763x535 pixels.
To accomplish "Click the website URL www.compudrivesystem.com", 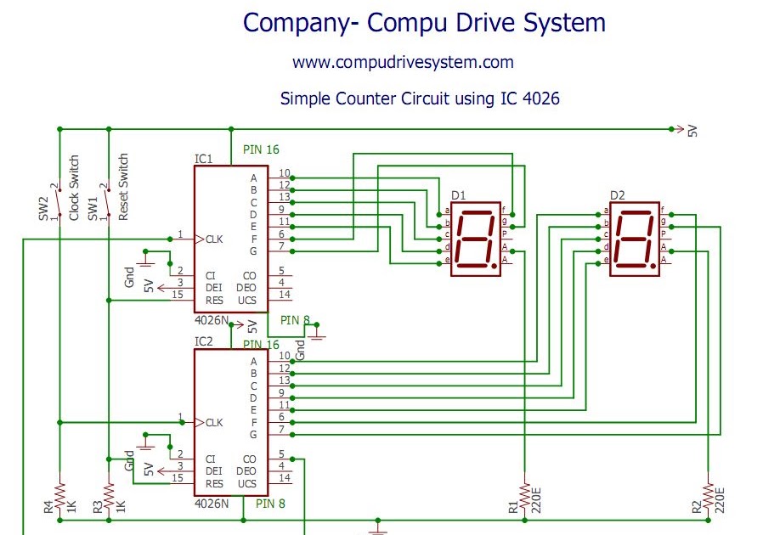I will pyautogui.click(x=403, y=62).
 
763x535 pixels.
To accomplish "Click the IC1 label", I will pyautogui.click(x=203, y=159).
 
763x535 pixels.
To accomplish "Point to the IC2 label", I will pyautogui.click(x=203, y=341).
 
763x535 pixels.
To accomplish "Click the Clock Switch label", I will pyautogui.click(x=75, y=188).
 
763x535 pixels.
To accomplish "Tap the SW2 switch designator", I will pyautogui.click(x=43, y=208).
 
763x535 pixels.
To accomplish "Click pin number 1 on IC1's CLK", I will pyautogui.click(x=180, y=234).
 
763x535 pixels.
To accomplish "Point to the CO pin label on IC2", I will pyautogui.click(x=249, y=459).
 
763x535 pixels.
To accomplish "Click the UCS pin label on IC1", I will pyautogui.click(x=246, y=301).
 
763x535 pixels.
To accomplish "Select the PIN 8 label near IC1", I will pyautogui.click(x=296, y=320).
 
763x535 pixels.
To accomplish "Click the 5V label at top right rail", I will pyautogui.click(x=692, y=131).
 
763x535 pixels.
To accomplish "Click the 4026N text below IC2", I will pyautogui.click(x=212, y=503).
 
